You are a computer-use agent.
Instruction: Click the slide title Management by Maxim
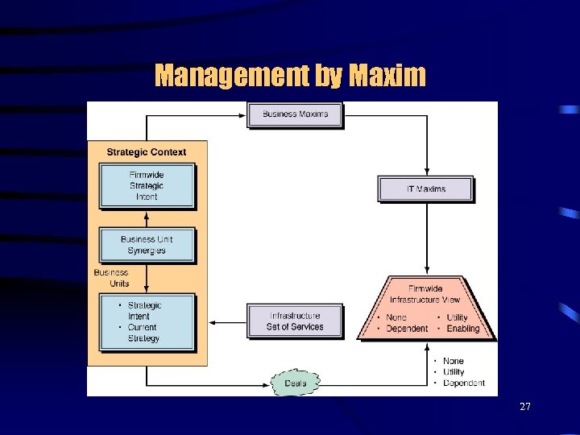[290, 76]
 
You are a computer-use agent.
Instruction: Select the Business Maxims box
[296, 114]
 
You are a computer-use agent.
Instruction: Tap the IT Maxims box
[425, 189]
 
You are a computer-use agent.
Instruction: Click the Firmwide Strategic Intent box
[147, 186]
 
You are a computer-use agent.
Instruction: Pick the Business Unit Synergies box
[147, 245]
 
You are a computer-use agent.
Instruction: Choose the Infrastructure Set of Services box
[295, 321]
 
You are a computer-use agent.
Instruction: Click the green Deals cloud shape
[296, 383]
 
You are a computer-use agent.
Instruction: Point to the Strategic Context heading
[147, 151]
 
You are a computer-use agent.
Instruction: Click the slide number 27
[525, 407]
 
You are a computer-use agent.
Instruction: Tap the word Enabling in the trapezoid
[463, 329]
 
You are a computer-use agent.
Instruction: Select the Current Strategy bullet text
[143, 333]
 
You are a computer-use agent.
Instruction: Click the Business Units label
[111, 278]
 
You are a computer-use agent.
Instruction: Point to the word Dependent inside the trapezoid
[407, 329]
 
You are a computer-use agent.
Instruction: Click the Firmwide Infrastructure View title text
[425, 294]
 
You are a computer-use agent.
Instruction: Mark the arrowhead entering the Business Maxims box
[244, 114]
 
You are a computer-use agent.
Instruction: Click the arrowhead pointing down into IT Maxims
[425, 172]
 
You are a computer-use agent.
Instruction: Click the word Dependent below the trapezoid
[464, 383]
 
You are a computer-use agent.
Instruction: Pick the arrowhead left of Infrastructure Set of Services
[244, 322]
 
